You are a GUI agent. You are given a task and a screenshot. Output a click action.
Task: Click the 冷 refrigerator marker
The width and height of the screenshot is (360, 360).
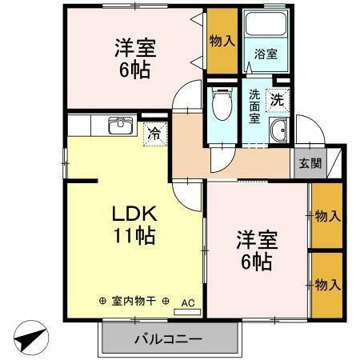click(154, 134)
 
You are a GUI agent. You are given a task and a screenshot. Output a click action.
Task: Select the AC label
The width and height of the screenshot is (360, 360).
click(188, 302)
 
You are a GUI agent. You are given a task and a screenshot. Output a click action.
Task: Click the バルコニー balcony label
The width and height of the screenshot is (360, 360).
click(169, 338)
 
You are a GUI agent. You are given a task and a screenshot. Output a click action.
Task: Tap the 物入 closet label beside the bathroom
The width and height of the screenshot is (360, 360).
click(222, 41)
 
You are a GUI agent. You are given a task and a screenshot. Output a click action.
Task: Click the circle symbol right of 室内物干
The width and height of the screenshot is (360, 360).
click(166, 301)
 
